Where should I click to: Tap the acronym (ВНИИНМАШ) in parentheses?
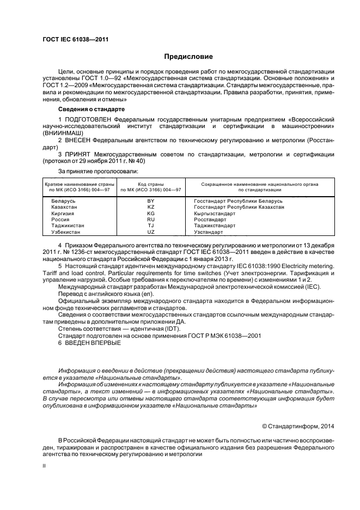pos(61,132)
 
